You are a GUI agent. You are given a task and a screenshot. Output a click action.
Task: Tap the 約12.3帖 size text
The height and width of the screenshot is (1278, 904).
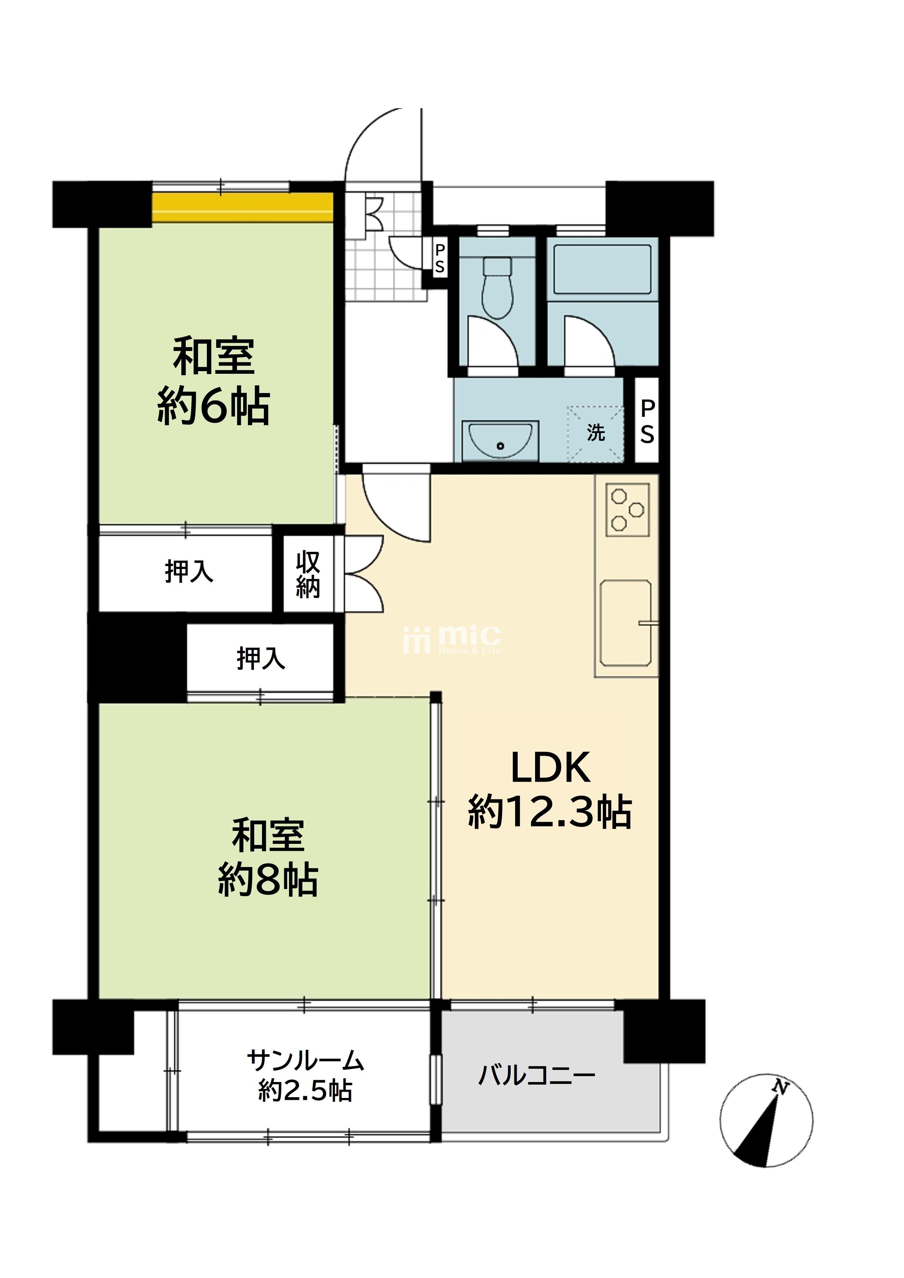tap(550, 813)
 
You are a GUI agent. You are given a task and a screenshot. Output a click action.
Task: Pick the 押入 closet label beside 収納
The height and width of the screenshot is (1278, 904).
tap(189, 571)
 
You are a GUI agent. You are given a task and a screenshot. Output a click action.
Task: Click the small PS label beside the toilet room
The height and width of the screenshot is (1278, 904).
tap(440, 259)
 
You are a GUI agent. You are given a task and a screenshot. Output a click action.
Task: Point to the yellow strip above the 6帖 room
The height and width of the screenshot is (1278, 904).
tap(243, 207)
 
